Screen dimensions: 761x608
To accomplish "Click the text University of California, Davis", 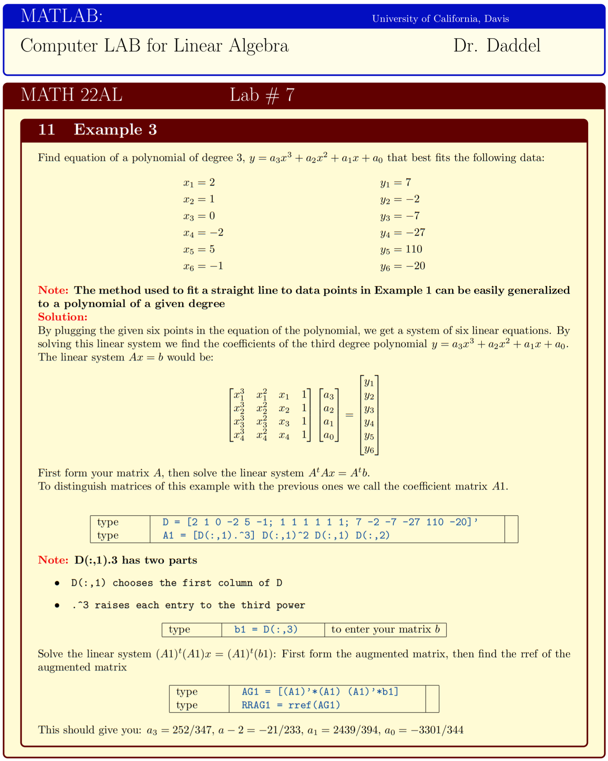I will coord(440,19).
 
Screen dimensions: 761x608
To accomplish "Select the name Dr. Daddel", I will coord(497,46).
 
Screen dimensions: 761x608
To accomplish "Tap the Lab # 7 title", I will coord(262,95).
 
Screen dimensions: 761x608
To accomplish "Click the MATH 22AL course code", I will coord(71,95).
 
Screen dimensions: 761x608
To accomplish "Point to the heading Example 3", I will coord(115,130).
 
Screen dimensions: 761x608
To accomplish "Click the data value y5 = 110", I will coord(401,249).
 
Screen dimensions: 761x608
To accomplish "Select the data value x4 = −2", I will coord(203,233).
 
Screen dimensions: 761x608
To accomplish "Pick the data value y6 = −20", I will coord(403,266).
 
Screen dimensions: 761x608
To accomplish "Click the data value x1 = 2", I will coord(199,183).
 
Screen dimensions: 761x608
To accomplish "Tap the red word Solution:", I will coord(63,317).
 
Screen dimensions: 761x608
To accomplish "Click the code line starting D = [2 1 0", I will coord(320,522).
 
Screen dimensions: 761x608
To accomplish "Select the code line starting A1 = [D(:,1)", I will coord(276,536).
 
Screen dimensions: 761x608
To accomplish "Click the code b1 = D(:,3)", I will coord(266,629).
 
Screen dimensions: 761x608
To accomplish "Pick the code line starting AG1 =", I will coord(320,692).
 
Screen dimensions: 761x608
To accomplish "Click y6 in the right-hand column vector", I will coord(369,449).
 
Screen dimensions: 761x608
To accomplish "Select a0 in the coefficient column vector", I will coord(328,435).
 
